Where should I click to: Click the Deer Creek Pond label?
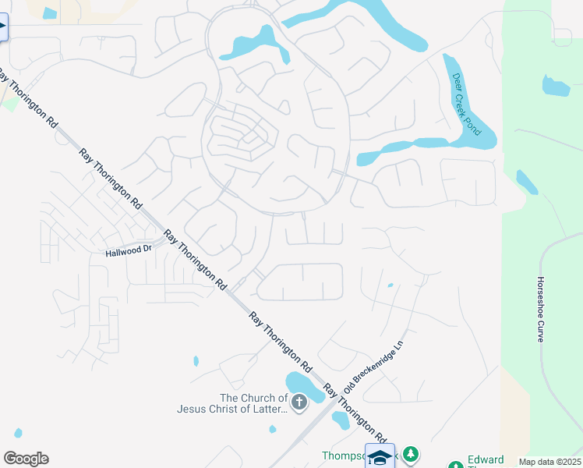(467, 104)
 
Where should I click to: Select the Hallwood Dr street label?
(129, 250)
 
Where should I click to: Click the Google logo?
(26, 459)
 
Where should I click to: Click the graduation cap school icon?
(380, 457)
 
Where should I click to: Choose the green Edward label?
(485, 459)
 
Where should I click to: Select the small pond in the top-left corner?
(50, 13)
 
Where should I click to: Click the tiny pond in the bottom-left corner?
(17, 433)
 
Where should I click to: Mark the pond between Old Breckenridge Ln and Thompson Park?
(341, 420)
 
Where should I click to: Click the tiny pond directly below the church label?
(272, 429)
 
